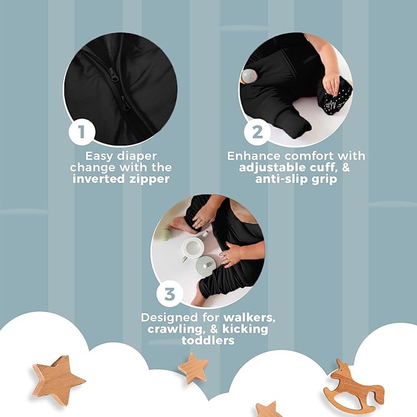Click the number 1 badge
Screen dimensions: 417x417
82,131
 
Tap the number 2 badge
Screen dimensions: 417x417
257,131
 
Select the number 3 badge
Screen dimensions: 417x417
170,294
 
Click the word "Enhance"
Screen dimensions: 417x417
254,156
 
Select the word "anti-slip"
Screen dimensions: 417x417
281,179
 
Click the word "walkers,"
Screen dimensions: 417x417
249,318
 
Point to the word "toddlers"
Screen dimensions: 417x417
208,340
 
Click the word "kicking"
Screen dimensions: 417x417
245,329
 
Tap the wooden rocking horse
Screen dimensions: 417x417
354,385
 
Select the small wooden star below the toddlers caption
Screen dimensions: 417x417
193,368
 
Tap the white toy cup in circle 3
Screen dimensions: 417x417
193,247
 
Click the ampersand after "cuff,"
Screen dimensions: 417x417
345,168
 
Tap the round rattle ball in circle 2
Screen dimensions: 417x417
249,76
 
